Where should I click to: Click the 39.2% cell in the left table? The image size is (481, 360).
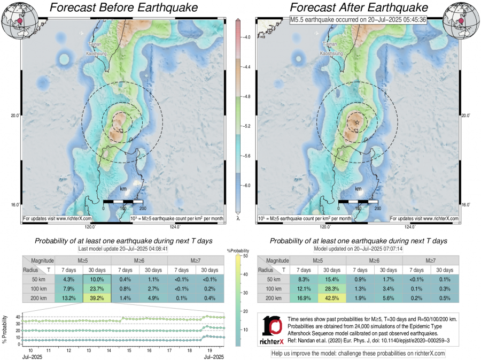click(97, 298)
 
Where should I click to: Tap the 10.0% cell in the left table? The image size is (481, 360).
click(97, 280)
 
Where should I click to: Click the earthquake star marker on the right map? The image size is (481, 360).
click(357, 122)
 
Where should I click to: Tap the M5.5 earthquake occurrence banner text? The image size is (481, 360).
click(358, 19)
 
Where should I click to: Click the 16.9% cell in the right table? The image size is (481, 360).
click(303, 298)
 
